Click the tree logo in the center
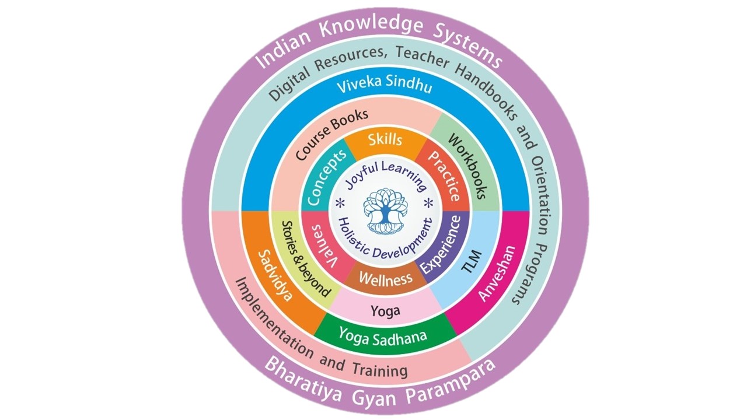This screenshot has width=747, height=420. pyautogui.click(x=383, y=211)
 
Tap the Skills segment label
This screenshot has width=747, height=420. pyautogui.click(x=385, y=140)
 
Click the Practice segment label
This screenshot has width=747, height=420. pyautogui.click(x=444, y=176)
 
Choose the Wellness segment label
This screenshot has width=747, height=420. pyautogui.click(x=385, y=279)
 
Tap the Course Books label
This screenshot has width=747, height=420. pyautogui.click(x=331, y=134)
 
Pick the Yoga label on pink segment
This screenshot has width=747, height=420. pyautogui.click(x=385, y=311)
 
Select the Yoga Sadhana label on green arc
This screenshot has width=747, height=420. pyautogui.click(x=383, y=337)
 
